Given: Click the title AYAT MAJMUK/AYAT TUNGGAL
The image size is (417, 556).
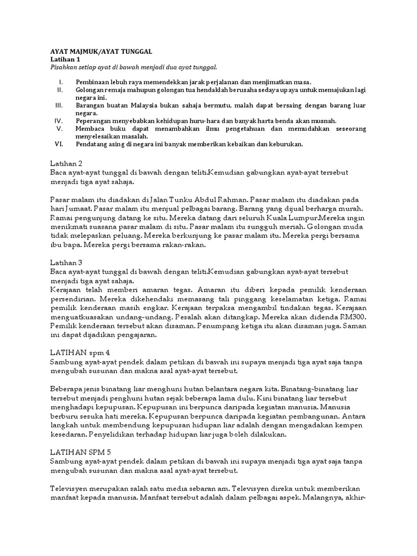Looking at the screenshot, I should [102, 51].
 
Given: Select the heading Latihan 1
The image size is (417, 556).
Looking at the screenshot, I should [65, 59].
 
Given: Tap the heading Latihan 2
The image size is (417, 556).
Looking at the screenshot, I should [66, 163].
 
